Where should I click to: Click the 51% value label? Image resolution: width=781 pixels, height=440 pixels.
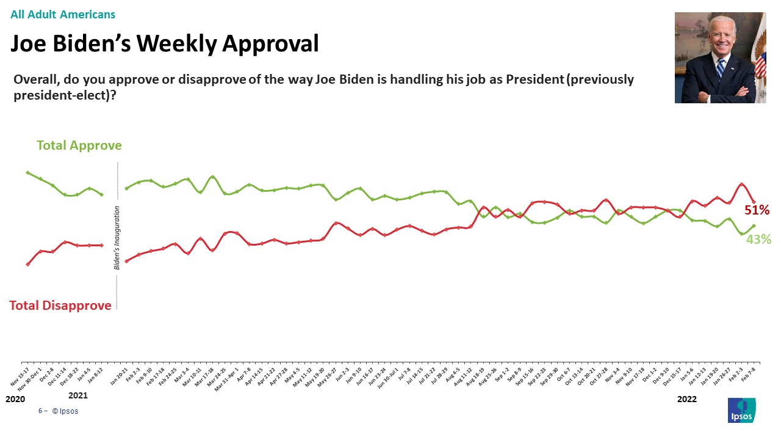pos(757,210)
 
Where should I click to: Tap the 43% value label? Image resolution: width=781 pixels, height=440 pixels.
pos(758,240)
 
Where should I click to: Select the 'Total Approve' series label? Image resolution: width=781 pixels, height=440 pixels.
pos(79,145)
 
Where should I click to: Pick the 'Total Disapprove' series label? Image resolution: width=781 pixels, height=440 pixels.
pos(60,306)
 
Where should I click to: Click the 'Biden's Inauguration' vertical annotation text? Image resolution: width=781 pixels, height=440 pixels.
pos(117,238)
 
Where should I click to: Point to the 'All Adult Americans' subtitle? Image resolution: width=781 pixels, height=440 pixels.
pos(63,14)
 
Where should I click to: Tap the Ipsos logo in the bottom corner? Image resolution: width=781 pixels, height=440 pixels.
pos(741,410)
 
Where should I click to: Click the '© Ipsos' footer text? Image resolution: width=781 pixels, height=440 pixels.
pos(65,411)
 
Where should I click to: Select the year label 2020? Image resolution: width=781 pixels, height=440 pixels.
pos(15,399)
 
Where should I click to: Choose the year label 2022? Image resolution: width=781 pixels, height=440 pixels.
pos(687,399)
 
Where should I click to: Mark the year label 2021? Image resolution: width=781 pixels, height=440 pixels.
pos(78,395)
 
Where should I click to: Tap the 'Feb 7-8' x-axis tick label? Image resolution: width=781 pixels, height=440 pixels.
pos(747,373)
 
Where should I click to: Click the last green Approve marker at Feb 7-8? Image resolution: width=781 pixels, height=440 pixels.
pos(754,226)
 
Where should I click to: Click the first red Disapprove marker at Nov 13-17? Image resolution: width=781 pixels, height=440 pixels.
pos(27,264)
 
